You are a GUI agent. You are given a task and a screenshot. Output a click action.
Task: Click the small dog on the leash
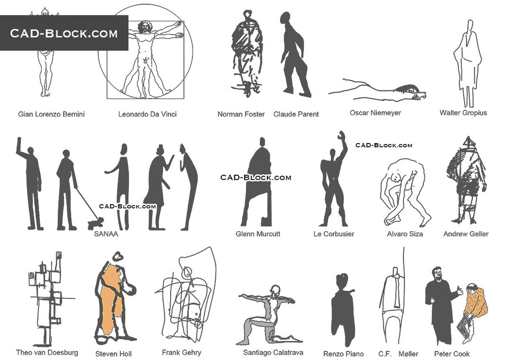[95, 223]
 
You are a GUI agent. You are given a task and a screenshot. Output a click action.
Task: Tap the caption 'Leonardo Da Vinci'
[147, 114]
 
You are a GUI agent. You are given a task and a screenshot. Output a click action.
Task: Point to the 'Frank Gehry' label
[181, 352]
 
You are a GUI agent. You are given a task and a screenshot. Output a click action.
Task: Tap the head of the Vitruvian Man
[144, 27]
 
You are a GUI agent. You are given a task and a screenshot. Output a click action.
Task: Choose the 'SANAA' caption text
[106, 234]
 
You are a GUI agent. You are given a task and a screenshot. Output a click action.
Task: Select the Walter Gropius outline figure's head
[470, 26]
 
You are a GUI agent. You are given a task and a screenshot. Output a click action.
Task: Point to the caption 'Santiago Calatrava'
[273, 352]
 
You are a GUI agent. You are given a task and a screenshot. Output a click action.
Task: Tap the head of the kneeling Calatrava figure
[275, 290]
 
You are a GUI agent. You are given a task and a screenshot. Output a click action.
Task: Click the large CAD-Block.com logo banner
[64, 33]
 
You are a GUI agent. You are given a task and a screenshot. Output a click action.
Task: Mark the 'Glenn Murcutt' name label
[258, 234]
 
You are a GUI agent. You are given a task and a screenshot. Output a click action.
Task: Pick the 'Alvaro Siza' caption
[405, 234]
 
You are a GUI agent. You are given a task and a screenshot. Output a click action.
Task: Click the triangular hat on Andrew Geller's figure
[469, 142]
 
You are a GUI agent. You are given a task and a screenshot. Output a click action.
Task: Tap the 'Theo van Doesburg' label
[47, 352]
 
